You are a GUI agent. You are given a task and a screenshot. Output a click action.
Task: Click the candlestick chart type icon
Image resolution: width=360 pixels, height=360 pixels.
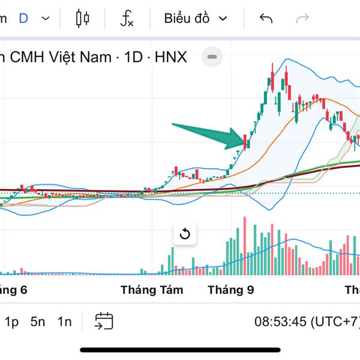83,18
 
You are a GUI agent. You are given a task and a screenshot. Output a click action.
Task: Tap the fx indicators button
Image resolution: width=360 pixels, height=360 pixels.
127,18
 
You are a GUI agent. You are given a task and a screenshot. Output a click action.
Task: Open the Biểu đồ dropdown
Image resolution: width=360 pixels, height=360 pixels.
196,18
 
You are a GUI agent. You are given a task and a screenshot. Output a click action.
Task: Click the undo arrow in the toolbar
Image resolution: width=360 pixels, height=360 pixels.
266,18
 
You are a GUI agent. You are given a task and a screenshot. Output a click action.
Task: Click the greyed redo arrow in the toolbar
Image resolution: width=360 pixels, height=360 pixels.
302,18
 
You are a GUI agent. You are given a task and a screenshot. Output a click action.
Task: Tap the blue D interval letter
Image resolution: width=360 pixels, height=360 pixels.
23,18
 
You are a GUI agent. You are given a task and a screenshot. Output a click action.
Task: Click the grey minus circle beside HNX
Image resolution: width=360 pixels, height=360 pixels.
212,57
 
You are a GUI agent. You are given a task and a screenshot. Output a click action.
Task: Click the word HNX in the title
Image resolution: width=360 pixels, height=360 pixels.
170,57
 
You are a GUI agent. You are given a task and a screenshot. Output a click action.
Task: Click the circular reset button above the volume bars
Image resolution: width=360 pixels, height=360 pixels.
185,233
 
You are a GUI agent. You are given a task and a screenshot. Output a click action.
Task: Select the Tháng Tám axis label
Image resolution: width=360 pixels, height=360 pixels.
152,290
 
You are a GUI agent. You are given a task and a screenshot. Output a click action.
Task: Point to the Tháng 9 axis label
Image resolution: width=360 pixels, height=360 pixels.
231,290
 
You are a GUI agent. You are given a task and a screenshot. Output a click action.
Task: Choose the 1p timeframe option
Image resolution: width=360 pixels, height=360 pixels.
11,322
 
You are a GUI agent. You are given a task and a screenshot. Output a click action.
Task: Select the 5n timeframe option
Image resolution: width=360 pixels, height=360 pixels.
38,322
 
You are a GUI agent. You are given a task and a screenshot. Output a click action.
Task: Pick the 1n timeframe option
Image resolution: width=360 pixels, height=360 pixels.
64,322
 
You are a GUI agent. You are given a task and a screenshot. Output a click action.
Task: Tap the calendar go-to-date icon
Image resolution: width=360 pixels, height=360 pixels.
104,321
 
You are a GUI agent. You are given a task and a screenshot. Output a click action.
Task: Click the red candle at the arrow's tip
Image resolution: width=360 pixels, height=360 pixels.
245,141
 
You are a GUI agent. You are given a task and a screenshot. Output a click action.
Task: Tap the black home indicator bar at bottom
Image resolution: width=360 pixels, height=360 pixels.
180,350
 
